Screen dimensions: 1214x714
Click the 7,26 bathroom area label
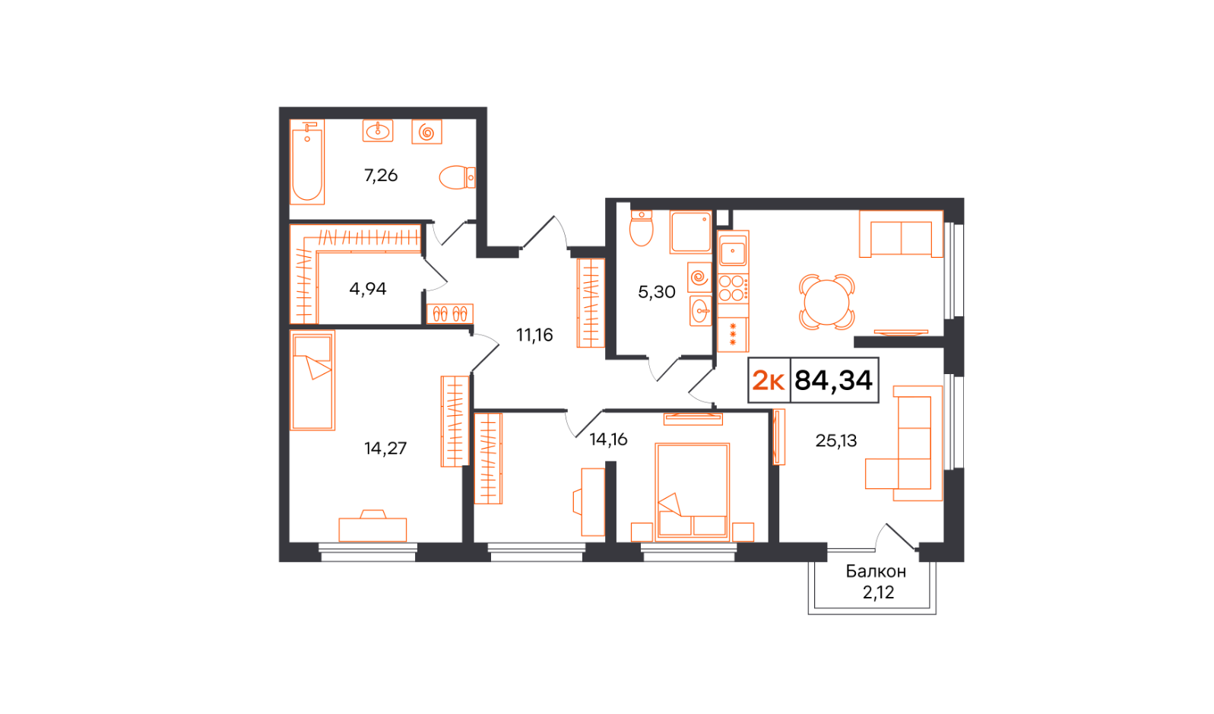[x=381, y=176]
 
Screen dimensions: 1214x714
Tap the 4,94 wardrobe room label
[x=368, y=289]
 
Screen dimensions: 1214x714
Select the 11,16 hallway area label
[x=534, y=335]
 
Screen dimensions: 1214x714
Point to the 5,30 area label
[x=656, y=292]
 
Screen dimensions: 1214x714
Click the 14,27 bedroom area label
[x=385, y=449]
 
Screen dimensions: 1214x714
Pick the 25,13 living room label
[x=836, y=441]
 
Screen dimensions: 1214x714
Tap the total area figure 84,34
[x=834, y=380]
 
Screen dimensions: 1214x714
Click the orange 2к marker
[x=769, y=381]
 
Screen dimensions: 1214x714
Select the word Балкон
[x=876, y=571]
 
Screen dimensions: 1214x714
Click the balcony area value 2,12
[x=878, y=592]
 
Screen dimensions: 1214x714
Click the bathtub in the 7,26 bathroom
[x=307, y=162]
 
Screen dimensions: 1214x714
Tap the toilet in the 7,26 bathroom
[x=457, y=177]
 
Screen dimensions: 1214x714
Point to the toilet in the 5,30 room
[x=641, y=228]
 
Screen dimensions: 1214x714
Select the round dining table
[x=826, y=302]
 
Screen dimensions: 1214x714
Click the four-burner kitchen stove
[x=734, y=288]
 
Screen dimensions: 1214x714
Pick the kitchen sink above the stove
[x=733, y=252]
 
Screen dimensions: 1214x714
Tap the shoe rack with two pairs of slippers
[x=450, y=314]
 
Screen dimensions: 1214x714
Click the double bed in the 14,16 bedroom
[x=692, y=492]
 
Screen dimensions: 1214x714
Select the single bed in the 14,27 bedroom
[x=312, y=381]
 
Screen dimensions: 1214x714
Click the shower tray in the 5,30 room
[x=690, y=232]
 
